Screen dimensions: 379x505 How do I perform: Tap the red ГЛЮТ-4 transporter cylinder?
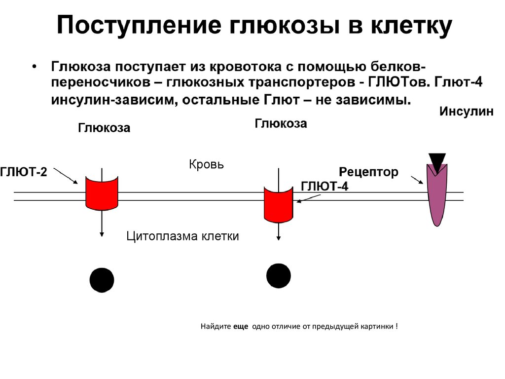tap(279, 203)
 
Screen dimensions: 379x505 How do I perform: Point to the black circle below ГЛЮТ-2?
tap(102, 280)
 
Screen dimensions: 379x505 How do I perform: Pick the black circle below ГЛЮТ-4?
tap(279, 275)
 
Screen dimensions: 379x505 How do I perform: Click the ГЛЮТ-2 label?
tap(24, 172)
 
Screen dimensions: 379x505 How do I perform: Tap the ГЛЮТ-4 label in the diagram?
tap(324, 187)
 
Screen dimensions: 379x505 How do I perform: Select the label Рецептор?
tap(368, 172)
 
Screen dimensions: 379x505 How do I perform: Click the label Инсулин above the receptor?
tap(466, 112)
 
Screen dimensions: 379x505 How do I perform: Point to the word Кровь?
tap(206, 164)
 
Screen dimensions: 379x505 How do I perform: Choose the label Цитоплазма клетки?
tap(182, 236)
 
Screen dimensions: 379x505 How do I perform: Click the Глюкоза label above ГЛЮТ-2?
tap(104, 128)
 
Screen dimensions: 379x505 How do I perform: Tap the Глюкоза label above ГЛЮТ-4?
tap(281, 123)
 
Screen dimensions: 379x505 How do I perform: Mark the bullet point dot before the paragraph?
tap(34, 67)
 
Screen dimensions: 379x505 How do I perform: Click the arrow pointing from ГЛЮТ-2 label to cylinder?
tap(65, 175)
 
